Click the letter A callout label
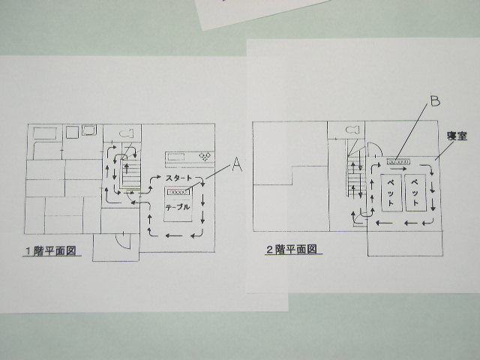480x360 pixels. pos(237,165)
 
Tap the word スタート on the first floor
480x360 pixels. pos(181,178)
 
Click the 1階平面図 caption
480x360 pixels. pos(50,250)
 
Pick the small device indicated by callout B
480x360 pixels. pos(398,161)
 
